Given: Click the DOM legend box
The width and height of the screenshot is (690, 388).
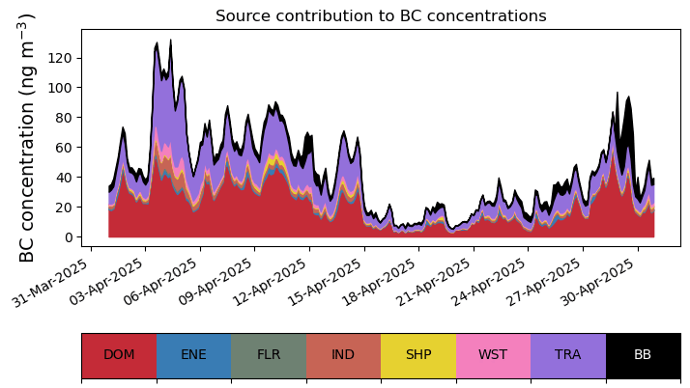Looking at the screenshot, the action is click(x=119, y=355).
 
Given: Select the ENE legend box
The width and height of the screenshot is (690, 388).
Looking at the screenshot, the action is click(x=194, y=355).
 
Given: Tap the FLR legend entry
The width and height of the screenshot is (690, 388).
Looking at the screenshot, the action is click(x=269, y=355).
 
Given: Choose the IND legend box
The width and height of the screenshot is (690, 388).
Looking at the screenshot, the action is click(x=344, y=355).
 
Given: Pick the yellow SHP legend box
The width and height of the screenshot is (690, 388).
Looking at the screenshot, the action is click(x=418, y=355).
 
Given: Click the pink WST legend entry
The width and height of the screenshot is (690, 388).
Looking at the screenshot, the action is click(x=493, y=355).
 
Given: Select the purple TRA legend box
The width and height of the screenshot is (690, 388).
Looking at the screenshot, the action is click(x=568, y=355).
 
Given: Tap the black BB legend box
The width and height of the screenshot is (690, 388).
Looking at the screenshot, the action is click(x=644, y=355).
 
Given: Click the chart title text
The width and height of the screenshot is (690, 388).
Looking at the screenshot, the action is click(x=381, y=15).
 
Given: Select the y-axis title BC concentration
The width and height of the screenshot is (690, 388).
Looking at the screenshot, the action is click(x=27, y=137).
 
